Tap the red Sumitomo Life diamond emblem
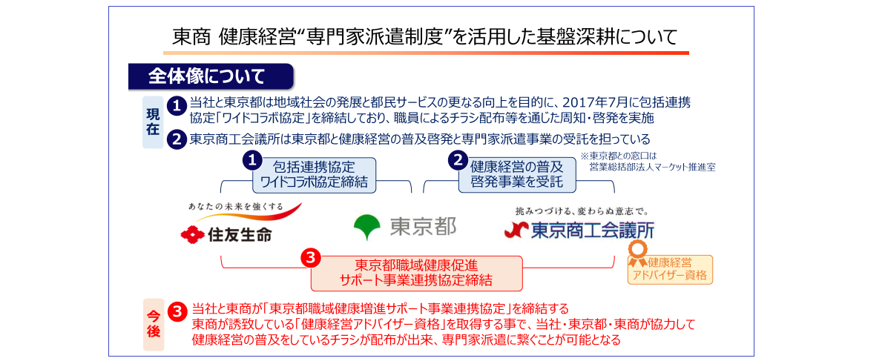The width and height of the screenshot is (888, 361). point(192,234)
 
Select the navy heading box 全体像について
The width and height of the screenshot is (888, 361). point(211,76)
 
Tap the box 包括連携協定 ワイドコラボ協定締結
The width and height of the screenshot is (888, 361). point(314,174)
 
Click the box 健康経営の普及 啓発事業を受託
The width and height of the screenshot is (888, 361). point(517,174)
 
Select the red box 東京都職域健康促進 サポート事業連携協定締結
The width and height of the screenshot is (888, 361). point(416,272)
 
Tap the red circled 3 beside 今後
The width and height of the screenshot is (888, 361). point(177,311)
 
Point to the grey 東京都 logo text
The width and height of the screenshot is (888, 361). point(423,226)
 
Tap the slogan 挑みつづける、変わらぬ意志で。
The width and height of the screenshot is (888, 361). point(581,211)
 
